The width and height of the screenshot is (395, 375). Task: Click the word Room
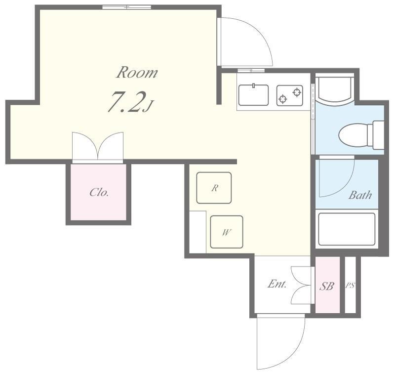pos(137,72)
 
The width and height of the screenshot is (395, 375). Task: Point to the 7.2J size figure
pos(130,102)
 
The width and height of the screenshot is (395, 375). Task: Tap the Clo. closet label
pos(99,193)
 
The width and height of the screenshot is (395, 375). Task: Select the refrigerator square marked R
pos(214,188)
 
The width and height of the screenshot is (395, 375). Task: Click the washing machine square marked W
pos(227,232)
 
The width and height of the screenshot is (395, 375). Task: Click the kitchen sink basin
pos(253,95)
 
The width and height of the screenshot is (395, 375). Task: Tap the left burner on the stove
pos(283,99)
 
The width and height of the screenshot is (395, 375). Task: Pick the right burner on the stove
pos(297,92)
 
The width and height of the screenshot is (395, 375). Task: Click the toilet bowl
pos(353,135)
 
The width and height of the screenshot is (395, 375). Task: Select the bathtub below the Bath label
pos(347,229)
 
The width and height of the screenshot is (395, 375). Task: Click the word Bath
pos(360,195)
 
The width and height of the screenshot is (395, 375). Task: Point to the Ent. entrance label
pos(277,284)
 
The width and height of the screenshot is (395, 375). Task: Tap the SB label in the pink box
pos(327,286)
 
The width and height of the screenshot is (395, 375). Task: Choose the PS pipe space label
pos(350,286)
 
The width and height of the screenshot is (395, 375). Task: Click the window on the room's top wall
pos(127,7)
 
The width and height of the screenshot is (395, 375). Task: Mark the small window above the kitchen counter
pos(251,70)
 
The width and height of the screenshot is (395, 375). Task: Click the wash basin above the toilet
pos(335,89)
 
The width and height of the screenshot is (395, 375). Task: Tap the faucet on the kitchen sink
pos(254,85)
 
